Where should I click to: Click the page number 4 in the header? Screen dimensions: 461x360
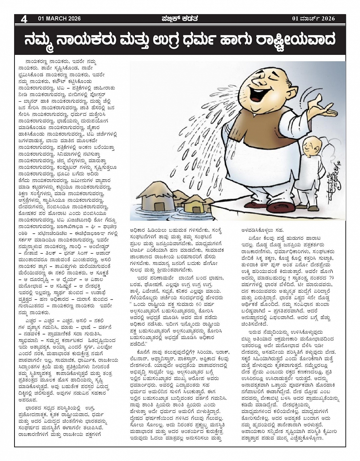coord(24,19)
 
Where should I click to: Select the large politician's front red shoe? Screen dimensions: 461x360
coord(280,207)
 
